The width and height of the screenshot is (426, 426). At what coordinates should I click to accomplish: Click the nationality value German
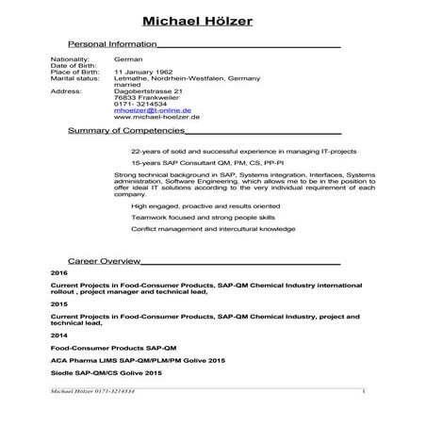[126, 58]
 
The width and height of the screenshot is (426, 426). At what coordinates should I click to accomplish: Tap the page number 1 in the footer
[362, 390]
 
